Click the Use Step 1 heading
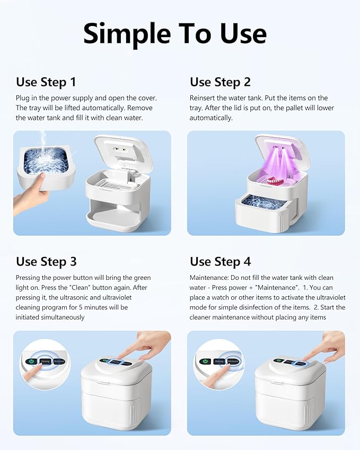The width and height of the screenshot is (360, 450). coord(46,82)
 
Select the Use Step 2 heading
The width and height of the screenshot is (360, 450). coord(220,82)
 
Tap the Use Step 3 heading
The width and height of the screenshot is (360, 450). coord(46,261)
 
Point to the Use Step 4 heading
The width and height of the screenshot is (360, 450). coord(220,261)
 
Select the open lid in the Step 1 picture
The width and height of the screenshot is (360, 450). coord(122,154)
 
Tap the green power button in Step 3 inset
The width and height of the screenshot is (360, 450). coord(30,361)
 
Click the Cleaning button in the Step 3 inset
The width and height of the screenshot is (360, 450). coord(44,361)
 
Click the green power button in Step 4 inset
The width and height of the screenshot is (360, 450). coord(205,361)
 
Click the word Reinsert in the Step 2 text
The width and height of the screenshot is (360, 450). coord(203,98)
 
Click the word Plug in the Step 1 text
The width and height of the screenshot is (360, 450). coord(23,98)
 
